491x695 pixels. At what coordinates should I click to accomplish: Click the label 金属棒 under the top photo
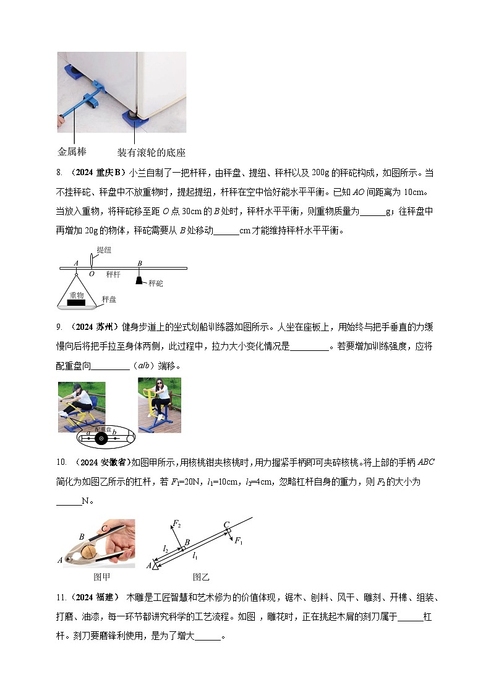click(72, 152)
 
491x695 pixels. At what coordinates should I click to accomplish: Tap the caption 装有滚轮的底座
click(152, 152)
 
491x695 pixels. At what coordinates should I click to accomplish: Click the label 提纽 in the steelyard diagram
click(105, 250)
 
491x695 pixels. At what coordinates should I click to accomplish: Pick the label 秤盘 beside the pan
click(109, 300)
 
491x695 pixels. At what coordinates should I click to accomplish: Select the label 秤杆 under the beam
click(113, 273)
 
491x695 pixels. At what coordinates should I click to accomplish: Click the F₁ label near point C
click(239, 540)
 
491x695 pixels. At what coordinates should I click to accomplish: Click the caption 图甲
click(101, 577)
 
